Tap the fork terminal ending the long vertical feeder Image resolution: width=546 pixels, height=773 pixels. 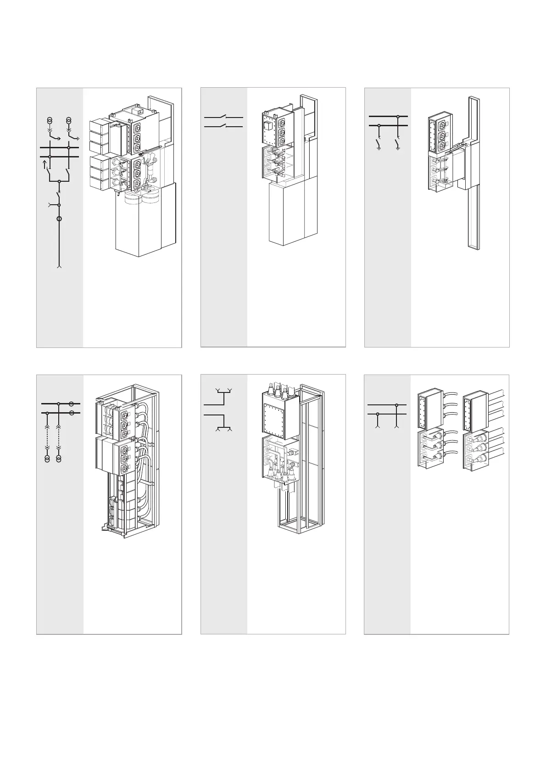tap(59, 266)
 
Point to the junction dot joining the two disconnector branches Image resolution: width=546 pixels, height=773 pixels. tap(59, 181)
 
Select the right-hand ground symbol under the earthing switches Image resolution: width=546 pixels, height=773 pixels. tap(397, 149)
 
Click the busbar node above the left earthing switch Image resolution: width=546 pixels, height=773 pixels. tap(379, 125)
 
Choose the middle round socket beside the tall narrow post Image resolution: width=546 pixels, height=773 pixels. tap(441, 134)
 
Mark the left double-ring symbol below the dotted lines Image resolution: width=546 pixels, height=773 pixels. tap(47, 459)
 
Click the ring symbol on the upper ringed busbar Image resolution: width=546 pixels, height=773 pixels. tap(72, 404)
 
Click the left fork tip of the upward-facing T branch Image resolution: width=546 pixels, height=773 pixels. tap(217, 391)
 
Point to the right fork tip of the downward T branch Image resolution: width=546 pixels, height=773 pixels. tap(231, 430)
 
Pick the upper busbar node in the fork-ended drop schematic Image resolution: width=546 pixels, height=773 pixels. tap(397, 405)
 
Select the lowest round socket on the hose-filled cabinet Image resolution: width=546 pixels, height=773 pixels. tap(124, 468)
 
